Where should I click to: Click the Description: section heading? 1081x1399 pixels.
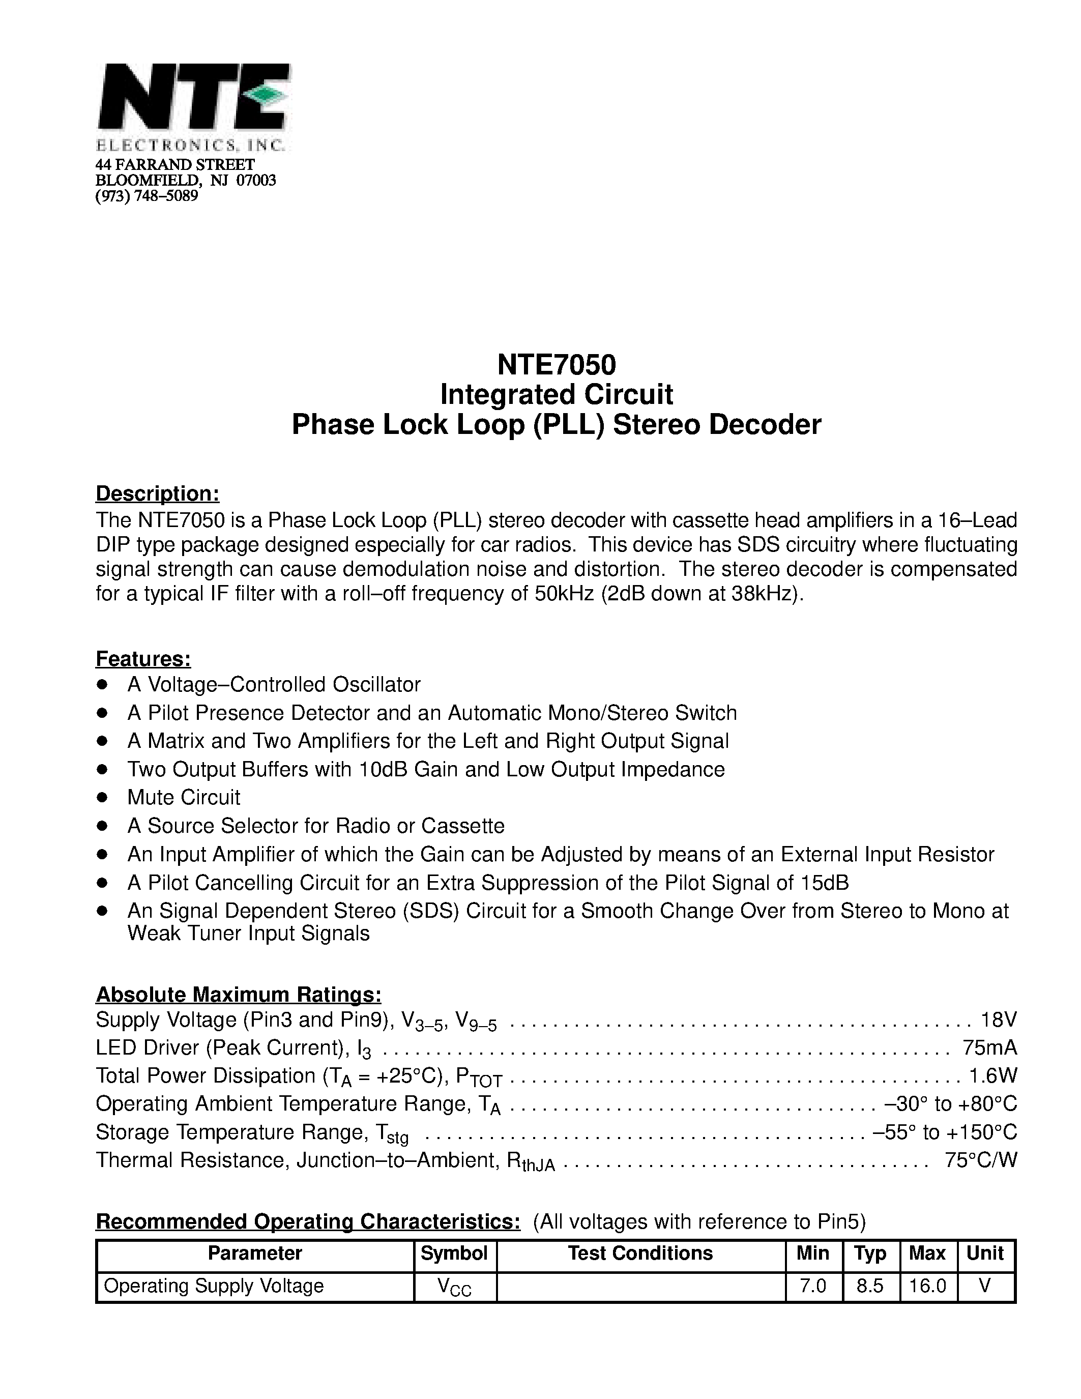(x=158, y=493)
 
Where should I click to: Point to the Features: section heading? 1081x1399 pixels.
(x=143, y=658)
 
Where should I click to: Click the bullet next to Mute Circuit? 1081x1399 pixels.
(x=101, y=798)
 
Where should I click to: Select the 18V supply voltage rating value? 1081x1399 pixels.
(x=999, y=1019)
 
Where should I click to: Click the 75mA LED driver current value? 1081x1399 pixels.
(x=989, y=1047)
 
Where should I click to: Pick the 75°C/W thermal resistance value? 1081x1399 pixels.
(x=980, y=1160)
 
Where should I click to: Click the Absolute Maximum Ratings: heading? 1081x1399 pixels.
(x=238, y=994)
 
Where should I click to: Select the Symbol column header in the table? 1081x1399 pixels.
(x=454, y=1253)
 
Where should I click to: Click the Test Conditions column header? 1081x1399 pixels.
(x=640, y=1253)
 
